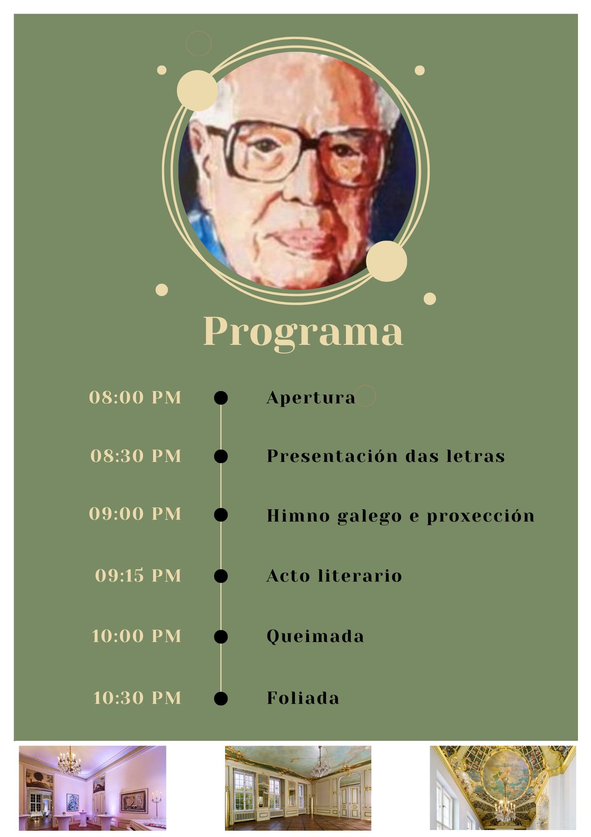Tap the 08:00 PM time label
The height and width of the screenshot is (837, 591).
pyautogui.click(x=135, y=397)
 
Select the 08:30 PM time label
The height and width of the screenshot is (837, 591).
pyautogui.click(x=136, y=456)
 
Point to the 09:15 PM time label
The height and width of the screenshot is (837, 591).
pyautogui.click(x=138, y=575)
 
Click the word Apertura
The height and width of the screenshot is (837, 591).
pyautogui.click(x=311, y=398)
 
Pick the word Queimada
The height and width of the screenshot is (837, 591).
pyautogui.click(x=315, y=636)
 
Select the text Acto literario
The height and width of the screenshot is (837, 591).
pyautogui.click(x=334, y=575)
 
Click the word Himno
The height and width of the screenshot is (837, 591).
pyautogui.click(x=298, y=515)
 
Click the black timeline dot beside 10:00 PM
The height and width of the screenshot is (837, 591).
pyautogui.click(x=221, y=637)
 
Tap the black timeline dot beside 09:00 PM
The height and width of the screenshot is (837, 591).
pyautogui.click(x=221, y=515)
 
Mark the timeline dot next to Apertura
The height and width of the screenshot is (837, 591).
pyautogui.click(x=221, y=398)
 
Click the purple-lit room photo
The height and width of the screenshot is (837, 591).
pyautogui.click(x=93, y=788)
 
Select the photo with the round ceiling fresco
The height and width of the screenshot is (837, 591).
pyautogui.click(x=503, y=788)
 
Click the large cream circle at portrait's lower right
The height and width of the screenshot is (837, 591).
pyautogui.click(x=387, y=261)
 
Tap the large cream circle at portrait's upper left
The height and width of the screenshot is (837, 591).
pyautogui.click(x=197, y=90)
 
